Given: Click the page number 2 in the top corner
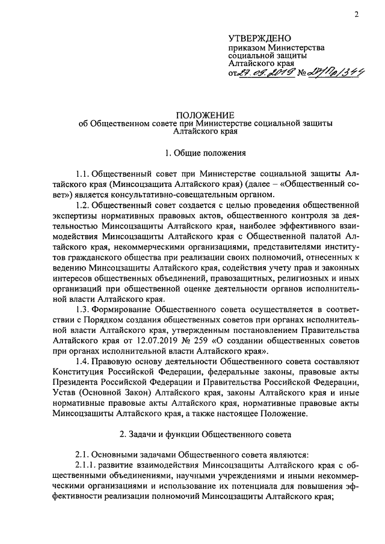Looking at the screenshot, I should pyautogui.click(x=356, y=15).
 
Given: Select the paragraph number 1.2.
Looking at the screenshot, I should pyautogui.click(x=82, y=204).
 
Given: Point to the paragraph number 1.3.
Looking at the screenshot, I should pyautogui.click(x=82, y=308).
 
